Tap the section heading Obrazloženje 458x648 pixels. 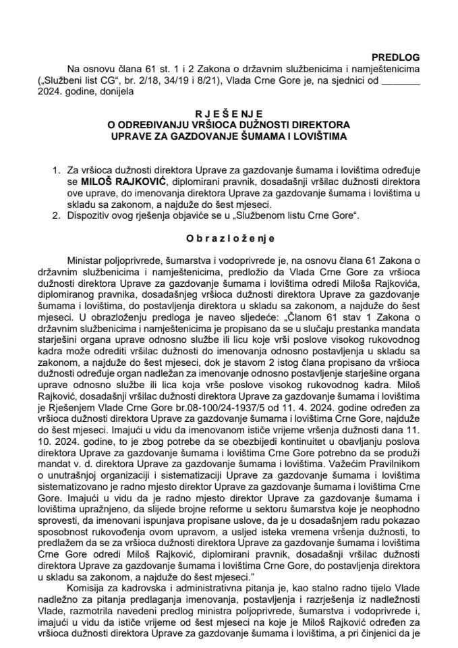(229, 238)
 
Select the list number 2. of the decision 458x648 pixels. (56, 215)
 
